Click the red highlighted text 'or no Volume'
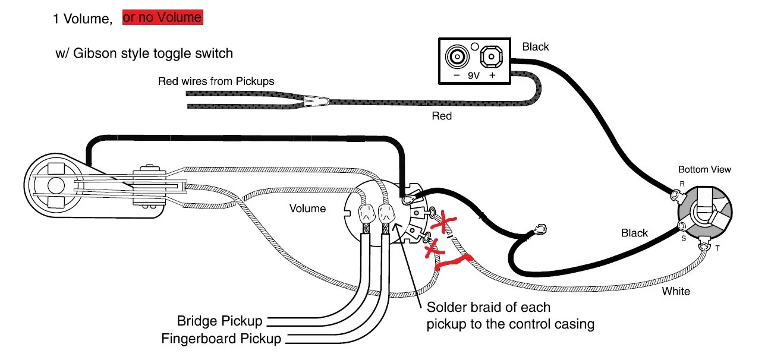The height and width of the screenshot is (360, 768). pos(162,18)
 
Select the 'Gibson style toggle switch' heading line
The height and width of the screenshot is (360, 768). pos(144,53)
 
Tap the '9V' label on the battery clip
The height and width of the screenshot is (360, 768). pos(473,76)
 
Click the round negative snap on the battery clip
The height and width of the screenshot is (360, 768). pos(457,58)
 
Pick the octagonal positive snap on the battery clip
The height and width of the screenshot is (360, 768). pos(490,58)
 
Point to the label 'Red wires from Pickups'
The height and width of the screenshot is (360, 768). pos(216,81)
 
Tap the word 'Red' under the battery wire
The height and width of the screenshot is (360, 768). pos(441,116)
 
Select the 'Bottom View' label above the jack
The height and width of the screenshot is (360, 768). pos(704,169)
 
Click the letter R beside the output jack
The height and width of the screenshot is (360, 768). pos(682,184)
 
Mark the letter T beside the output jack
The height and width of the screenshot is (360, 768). pos(717,248)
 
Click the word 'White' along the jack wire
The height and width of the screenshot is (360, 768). pos(676,291)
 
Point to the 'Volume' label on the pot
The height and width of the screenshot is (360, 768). pos(307,209)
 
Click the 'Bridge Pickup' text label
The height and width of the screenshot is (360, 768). pos(219,321)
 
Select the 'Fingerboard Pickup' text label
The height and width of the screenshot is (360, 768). pos(221,339)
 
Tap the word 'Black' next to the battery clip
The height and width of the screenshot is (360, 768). pos(535,46)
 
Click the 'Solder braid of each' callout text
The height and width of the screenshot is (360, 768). pos(489,308)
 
